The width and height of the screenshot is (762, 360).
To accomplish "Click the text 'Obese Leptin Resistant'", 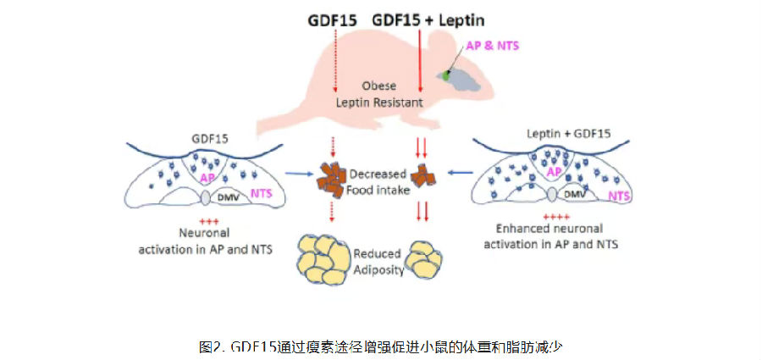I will click(x=379, y=94).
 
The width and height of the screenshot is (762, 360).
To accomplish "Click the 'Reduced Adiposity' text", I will click(x=378, y=260).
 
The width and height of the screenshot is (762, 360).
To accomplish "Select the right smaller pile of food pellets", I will click(x=422, y=177).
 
